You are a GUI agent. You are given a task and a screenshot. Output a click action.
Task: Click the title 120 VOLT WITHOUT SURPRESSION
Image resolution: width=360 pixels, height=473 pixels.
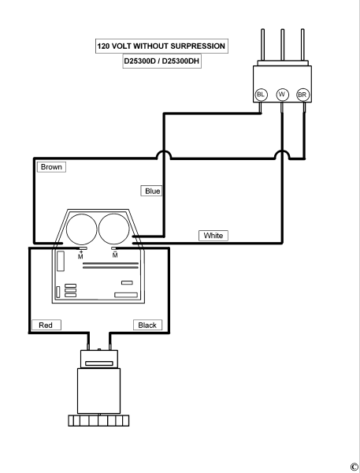pyautogui.click(x=161, y=47)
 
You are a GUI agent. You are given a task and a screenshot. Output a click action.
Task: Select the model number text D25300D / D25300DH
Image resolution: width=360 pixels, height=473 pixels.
pyautogui.click(x=161, y=62)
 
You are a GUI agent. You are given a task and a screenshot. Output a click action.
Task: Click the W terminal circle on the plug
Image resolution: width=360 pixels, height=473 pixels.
pyautogui.click(x=281, y=95)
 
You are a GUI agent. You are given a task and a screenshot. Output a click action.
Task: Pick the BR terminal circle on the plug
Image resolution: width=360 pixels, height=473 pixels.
pyautogui.click(x=302, y=95)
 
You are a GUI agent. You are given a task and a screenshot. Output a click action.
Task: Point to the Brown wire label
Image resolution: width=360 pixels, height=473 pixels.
pyautogui.click(x=50, y=167)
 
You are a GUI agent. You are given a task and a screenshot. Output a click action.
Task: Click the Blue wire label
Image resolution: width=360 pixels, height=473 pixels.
pyautogui.click(x=151, y=190)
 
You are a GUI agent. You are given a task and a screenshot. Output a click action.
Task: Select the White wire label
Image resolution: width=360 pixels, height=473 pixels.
pyautogui.click(x=213, y=235)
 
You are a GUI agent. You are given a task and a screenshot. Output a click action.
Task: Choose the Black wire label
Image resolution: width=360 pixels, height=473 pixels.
pyautogui.click(x=147, y=325)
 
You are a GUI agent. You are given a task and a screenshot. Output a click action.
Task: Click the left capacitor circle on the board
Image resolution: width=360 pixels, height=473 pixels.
pyautogui.click(x=81, y=229)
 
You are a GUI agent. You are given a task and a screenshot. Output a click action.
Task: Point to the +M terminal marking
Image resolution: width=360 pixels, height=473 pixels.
pyautogui.click(x=80, y=252)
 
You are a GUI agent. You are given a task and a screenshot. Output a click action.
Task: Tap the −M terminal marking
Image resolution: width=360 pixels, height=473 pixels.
pyautogui.click(x=115, y=252)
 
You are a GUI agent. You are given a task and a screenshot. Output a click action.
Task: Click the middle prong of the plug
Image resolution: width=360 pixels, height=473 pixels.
pyautogui.click(x=282, y=47)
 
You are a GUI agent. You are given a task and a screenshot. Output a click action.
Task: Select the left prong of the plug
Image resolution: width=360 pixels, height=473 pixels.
pyautogui.click(x=262, y=47)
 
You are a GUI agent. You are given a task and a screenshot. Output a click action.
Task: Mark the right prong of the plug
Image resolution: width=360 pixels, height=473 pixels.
pyautogui.click(x=302, y=47)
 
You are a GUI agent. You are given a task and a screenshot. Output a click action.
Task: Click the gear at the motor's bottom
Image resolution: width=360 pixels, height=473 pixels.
pyautogui.click(x=98, y=419)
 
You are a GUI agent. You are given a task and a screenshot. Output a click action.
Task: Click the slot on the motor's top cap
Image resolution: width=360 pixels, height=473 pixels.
pyautogui.click(x=98, y=363)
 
